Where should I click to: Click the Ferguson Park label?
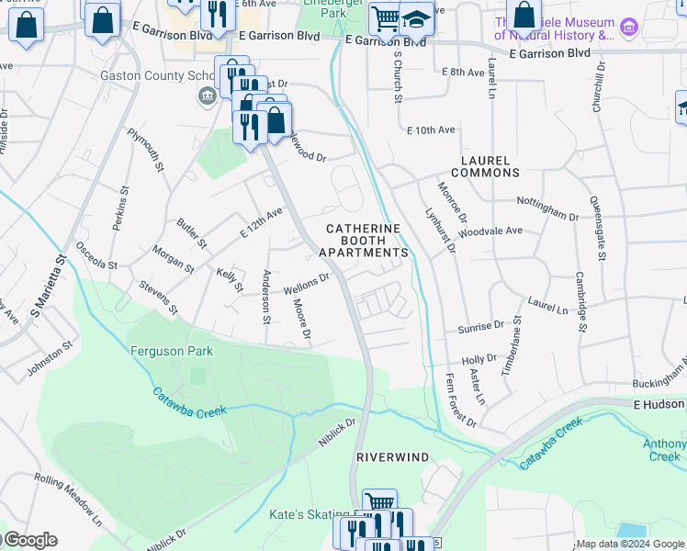(172, 351)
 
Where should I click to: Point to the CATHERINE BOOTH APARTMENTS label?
(363, 240)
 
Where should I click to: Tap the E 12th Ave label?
(262, 223)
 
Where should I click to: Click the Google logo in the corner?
(29, 540)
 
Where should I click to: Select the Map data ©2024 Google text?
(630, 544)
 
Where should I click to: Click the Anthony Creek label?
(664, 450)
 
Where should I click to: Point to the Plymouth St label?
(145, 151)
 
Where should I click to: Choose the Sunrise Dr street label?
(480, 325)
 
